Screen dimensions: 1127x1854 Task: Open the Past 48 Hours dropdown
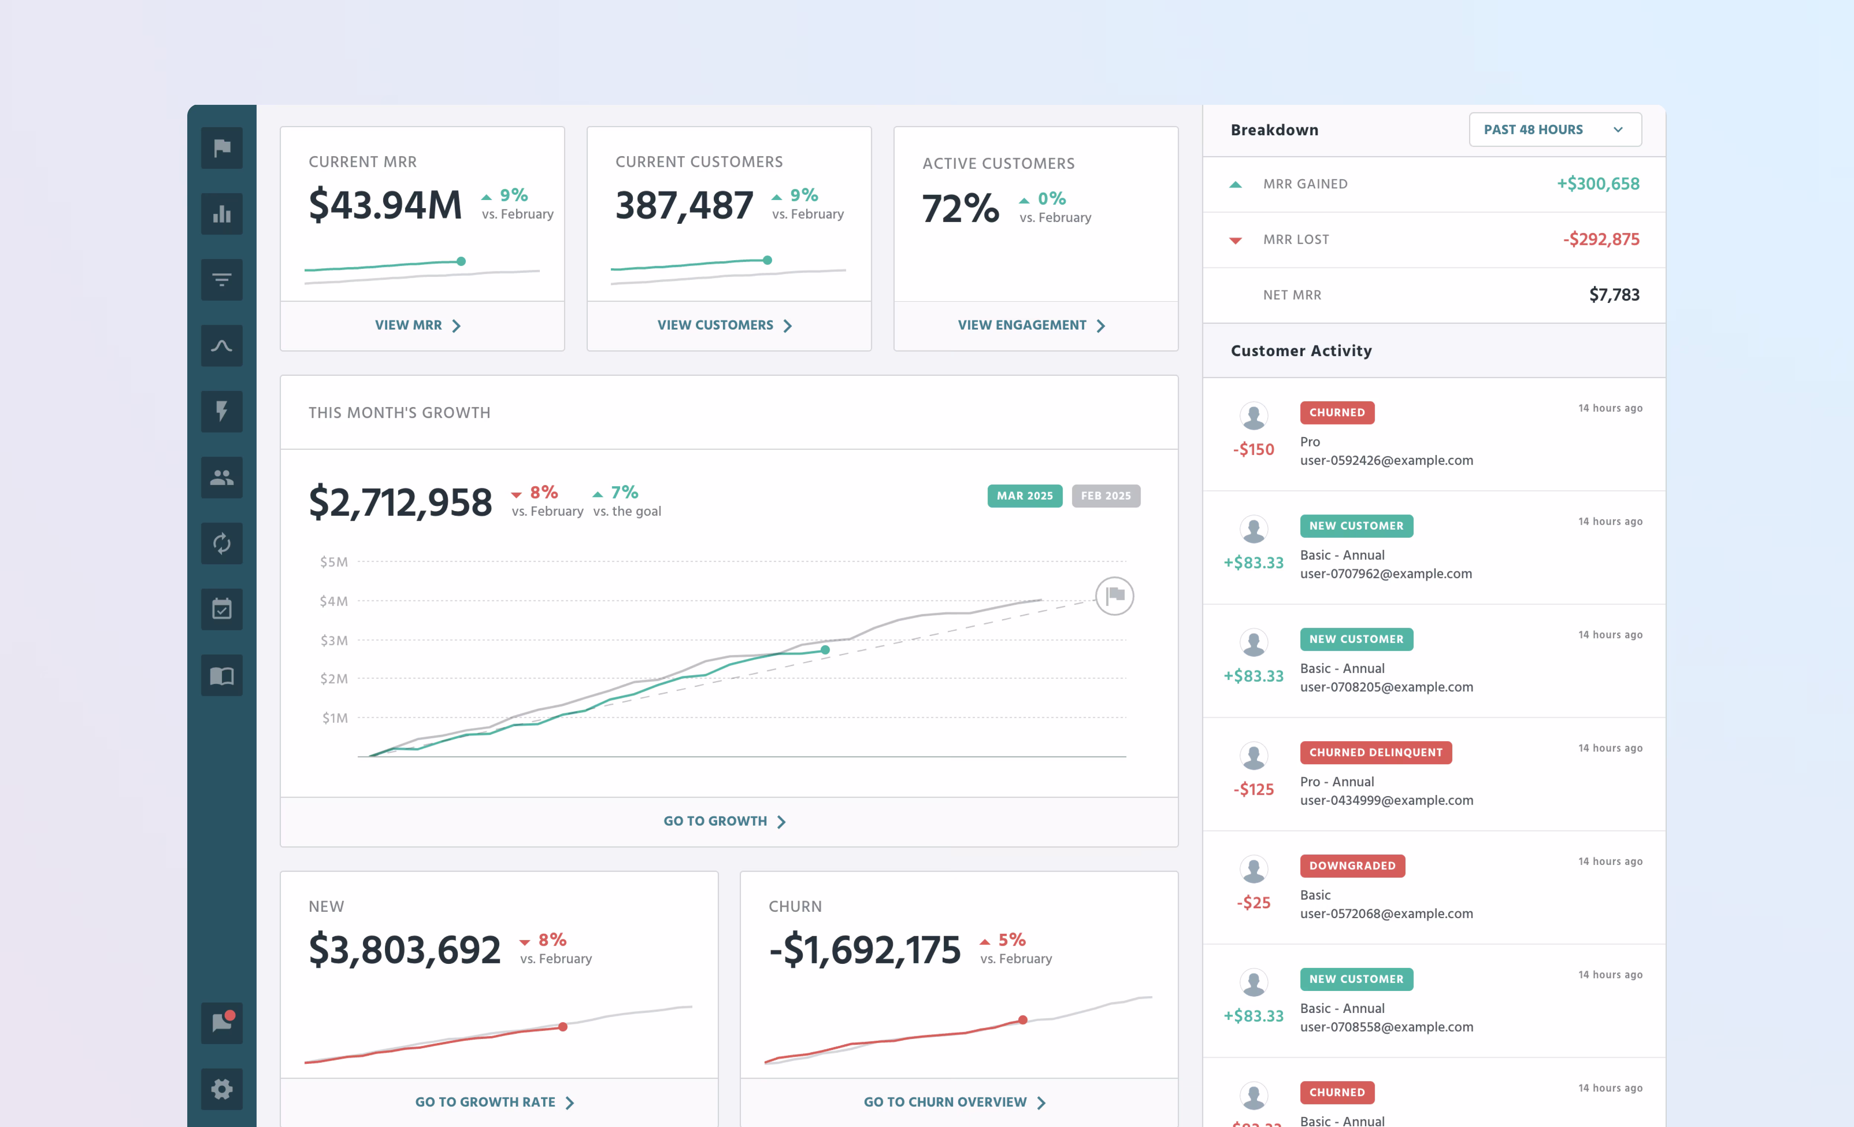tap(1555, 129)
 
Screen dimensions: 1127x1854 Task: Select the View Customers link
tap(724, 325)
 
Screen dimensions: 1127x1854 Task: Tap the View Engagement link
tap(1031, 325)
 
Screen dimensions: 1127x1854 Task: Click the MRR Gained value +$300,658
tap(1597, 184)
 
